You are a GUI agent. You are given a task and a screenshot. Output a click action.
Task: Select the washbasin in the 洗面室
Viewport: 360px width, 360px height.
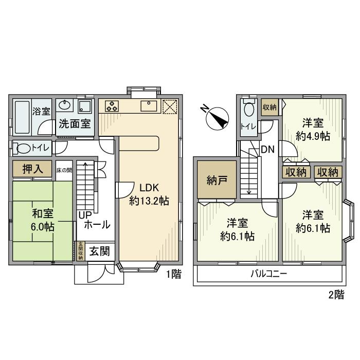(64, 106)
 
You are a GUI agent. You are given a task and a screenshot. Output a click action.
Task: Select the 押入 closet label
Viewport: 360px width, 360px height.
(31, 169)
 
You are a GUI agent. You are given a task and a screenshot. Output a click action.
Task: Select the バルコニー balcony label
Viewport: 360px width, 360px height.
(269, 274)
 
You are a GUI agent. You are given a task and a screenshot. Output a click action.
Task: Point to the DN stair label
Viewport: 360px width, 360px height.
(267, 150)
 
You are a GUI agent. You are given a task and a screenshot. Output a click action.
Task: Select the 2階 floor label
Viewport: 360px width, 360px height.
(335, 295)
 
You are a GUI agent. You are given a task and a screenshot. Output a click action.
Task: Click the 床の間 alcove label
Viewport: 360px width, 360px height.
(63, 169)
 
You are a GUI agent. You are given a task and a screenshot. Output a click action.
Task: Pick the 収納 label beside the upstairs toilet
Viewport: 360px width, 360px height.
(269, 107)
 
